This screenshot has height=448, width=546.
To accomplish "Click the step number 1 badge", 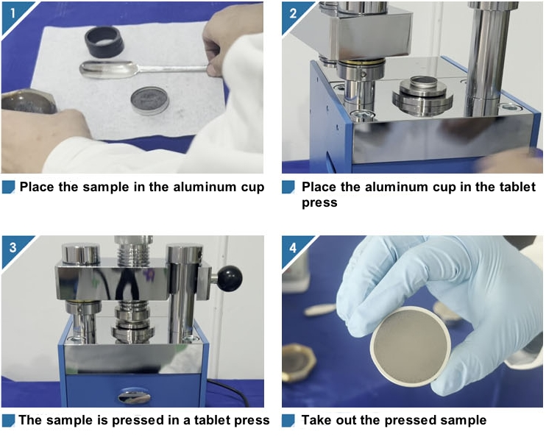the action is click(x=13, y=13).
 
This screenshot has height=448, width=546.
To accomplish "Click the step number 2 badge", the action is click(x=293, y=13).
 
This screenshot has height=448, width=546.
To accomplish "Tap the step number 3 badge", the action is click(x=13, y=247).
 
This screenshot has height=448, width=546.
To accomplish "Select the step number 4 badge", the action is click(x=293, y=247).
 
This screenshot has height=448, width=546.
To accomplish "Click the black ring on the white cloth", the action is click(x=104, y=42).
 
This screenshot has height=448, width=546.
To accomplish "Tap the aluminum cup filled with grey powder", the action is click(x=149, y=101).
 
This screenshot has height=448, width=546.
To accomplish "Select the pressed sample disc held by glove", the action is click(x=410, y=346).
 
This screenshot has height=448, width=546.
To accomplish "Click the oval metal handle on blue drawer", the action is click(x=135, y=397).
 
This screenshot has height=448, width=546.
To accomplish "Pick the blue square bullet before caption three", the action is click(x=8, y=421).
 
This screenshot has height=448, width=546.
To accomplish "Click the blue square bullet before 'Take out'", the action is click(x=288, y=421).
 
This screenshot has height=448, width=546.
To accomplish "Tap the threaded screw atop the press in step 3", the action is click(x=135, y=252).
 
